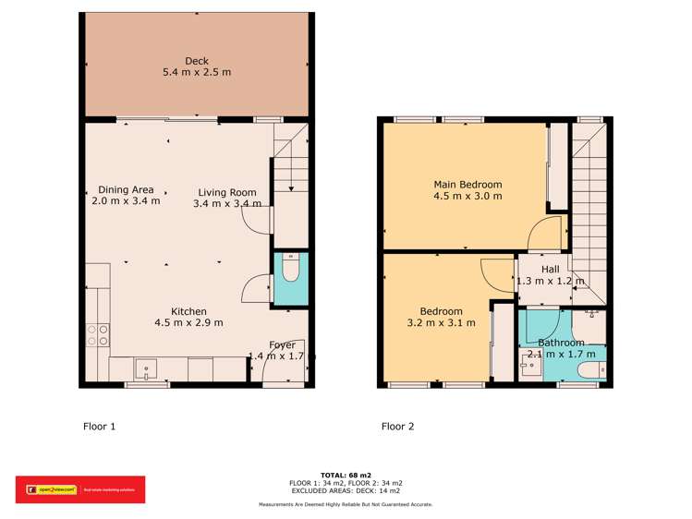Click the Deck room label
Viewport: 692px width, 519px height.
click(196, 62)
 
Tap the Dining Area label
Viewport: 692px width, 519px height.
click(126, 190)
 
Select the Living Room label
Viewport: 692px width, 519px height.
click(226, 192)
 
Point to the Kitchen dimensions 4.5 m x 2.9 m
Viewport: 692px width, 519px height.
click(188, 323)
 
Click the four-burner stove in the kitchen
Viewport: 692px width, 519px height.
click(98, 333)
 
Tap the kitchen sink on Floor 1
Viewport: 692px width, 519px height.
click(147, 369)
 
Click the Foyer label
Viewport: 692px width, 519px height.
click(282, 344)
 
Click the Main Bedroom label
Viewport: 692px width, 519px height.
click(467, 184)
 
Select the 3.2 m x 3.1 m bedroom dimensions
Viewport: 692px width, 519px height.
click(441, 323)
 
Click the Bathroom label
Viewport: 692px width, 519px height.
click(562, 343)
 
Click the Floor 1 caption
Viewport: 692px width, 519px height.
click(100, 427)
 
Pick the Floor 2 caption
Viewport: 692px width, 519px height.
click(398, 427)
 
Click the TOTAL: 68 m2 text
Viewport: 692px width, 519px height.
click(346, 475)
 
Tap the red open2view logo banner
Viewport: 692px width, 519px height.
click(79, 489)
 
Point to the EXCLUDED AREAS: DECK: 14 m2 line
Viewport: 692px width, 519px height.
click(346, 490)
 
